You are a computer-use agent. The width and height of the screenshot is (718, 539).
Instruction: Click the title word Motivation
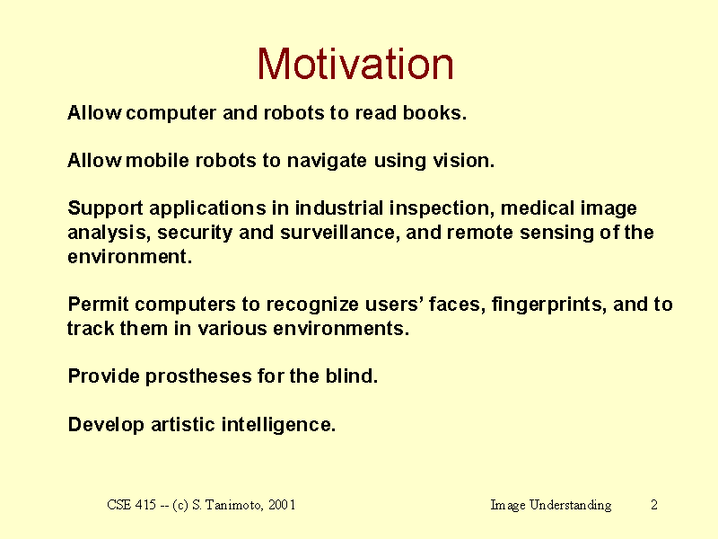355,64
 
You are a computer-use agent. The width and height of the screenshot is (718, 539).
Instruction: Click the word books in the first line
434,113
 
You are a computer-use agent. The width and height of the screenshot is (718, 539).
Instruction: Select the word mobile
157,161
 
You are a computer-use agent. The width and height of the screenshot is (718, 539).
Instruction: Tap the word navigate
327,162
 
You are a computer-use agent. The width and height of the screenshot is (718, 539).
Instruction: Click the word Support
105,209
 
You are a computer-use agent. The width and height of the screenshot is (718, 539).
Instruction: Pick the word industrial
339,208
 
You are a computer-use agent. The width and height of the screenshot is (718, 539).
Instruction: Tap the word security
195,234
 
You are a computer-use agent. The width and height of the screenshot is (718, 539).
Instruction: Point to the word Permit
98,305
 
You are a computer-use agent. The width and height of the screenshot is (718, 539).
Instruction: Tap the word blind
352,376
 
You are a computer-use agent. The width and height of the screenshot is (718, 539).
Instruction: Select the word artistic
183,424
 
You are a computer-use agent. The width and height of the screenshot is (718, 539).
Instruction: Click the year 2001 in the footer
282,505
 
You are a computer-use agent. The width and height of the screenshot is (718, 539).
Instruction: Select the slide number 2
654,505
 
